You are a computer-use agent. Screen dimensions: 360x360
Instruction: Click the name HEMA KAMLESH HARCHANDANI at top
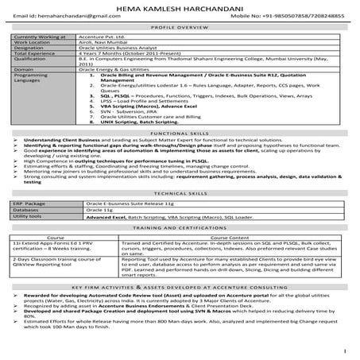180,6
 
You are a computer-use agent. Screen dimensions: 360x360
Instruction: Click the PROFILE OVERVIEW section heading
180,26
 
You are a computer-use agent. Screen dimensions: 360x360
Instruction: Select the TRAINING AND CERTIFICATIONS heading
180,227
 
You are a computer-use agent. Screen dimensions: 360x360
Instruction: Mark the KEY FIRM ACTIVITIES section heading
180,286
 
